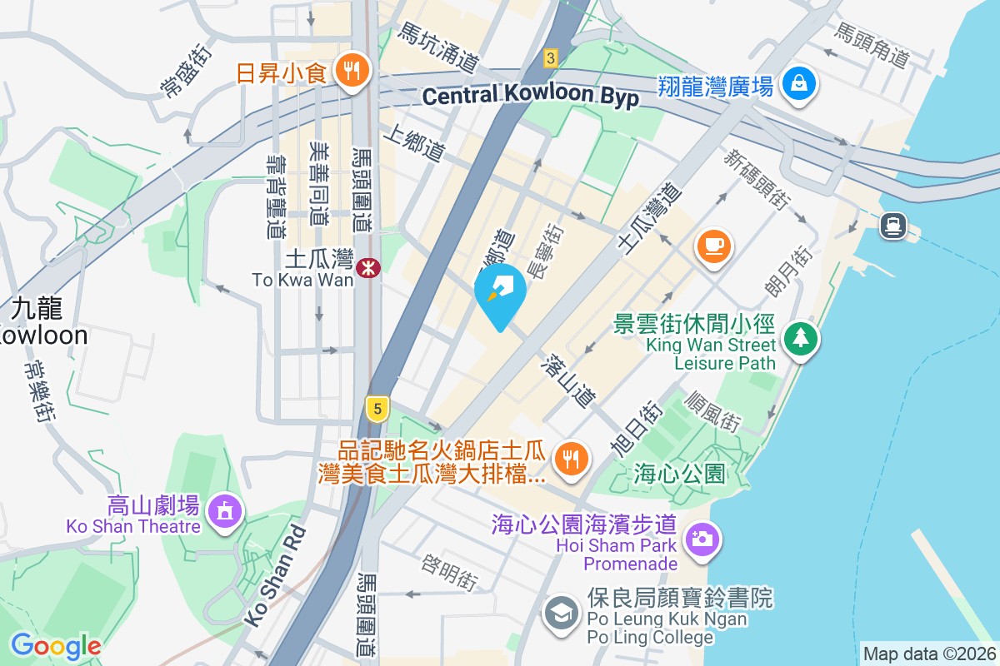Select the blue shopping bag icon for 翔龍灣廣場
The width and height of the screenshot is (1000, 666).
[x=799, y=84]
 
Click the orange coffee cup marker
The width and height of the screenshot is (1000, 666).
[x=714, y=246]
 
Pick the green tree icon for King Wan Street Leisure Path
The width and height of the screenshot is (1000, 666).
[x=801, y=337]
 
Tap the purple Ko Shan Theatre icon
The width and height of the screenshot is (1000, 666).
[x=224, y=510]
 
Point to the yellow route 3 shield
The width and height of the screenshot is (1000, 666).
[x=550, y=57]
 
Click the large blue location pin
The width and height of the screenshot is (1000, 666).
[x=500, y=294]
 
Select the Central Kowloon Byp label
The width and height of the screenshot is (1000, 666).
[x=530, y=96]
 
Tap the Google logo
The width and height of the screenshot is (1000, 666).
[x=56, y=645]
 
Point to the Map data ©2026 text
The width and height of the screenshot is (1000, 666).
[x=929, y=654]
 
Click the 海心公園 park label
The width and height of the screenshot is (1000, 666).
[x=679, y=474]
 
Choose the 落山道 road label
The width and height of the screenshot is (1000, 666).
[x=567, y=380]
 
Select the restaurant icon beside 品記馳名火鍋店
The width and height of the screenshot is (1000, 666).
[x=571, y=456]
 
